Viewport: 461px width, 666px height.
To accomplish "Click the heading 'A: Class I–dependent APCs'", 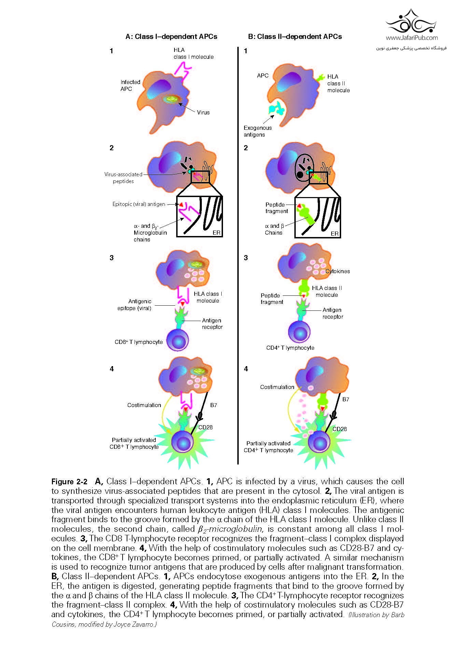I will pos(171,37).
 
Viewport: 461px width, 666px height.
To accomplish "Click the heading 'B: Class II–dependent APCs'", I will pos(295,37).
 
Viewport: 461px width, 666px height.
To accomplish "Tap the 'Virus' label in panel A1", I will pos(203,112).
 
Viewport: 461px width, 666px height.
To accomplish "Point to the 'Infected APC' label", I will pos(130,85).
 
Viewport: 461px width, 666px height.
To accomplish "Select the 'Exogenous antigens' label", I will pos(257,131).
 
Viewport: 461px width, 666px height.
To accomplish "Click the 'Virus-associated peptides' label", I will pos(123,178).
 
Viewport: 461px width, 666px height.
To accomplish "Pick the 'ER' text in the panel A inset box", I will pos(216,233).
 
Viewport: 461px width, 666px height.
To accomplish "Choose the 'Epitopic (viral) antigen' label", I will pos(139,204).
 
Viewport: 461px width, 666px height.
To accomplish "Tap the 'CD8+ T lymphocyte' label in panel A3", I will pos(139,342).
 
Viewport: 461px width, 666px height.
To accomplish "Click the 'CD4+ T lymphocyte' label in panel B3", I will pos(290,348).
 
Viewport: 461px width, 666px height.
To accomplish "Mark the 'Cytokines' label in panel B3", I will pos(338,271).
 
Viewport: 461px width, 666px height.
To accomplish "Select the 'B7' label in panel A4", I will pos(213,405).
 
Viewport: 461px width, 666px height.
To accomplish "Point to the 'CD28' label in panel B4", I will pos(339,429).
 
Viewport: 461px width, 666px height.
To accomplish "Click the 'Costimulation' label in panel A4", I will pos(144,405).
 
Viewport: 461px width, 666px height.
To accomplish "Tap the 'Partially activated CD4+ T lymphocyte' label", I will pos(268,447).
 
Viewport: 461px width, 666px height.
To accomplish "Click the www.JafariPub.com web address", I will pos(411,38).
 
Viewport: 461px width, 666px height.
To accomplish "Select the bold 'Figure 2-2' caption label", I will pos(69,482).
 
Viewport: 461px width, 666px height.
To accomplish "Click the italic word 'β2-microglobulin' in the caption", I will pos(229,529).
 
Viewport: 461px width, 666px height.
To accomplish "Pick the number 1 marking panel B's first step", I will pos(246,51).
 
